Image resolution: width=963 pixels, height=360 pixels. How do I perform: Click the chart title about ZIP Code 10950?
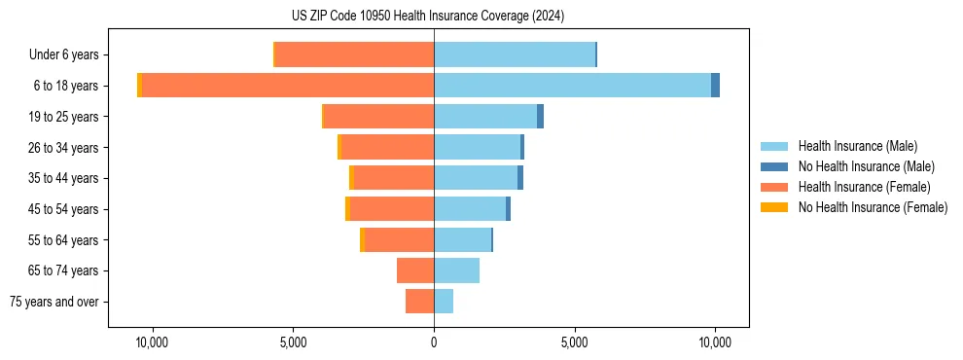click(x=427, y=17)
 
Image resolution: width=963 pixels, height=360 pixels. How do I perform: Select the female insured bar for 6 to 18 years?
click(x=288, y=86)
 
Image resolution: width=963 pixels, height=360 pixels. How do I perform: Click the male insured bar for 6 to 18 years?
click(x=572, y=86)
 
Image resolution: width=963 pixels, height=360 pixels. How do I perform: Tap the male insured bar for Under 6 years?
click(x=515, y=54)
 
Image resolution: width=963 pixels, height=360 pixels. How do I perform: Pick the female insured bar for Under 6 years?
click(x=355, y=54)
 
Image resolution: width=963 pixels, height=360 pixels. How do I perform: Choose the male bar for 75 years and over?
click(x=444, y=302)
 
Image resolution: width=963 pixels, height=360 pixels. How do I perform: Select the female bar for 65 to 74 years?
click(x=415, y=270)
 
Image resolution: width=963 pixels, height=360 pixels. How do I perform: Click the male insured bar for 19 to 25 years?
click(x=485, y=117)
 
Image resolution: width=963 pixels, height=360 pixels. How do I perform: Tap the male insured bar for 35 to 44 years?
click(x=476, y=178)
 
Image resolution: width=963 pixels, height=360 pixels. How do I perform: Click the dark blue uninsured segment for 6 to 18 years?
click(x=715, y=86)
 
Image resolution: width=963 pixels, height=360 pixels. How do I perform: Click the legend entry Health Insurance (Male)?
click(x=857, y=146)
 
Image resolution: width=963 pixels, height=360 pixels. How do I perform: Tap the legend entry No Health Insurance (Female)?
click(x=873, y=207)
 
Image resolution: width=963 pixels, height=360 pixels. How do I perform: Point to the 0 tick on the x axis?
click(x=434, y=343)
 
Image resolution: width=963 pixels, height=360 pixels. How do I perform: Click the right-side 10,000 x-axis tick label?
click(x=715, y=343)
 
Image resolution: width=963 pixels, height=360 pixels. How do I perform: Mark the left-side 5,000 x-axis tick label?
click(x=293, y=343)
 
